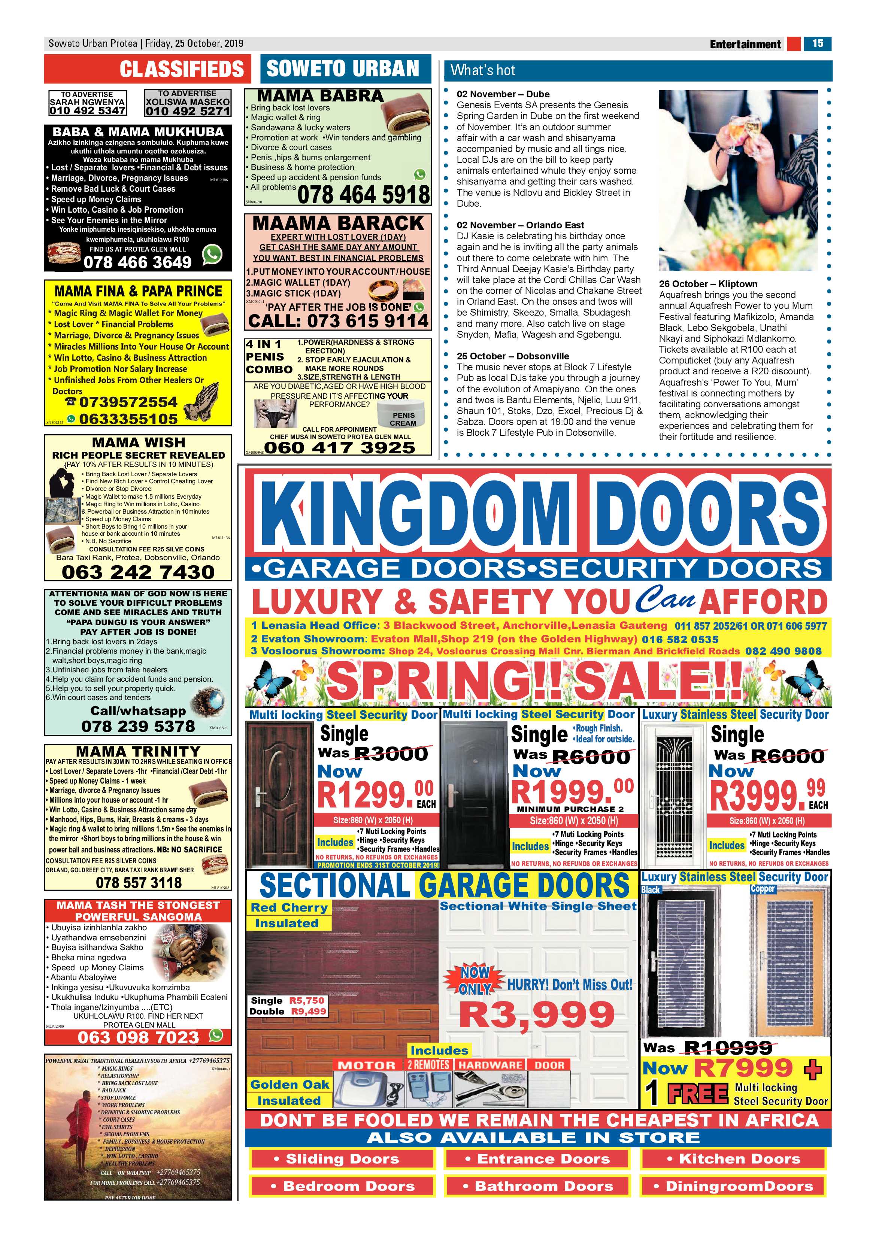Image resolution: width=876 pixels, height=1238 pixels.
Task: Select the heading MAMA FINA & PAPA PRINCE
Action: [x=138, y=291]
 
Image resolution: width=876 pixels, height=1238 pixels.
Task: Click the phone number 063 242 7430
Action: [x=138, y=572]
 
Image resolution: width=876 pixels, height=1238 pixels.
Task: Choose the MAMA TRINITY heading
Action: [x=138, y=751]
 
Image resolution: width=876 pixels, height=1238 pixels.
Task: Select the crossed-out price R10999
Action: [x=728, y=1048]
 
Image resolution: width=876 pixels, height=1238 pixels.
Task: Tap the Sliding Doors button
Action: [x=342, y=1158]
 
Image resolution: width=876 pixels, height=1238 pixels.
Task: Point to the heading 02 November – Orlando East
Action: [x=520, y=225]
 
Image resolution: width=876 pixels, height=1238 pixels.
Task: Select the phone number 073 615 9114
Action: [x=338, y=321]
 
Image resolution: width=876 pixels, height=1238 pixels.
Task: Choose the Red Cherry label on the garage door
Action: [x=289, y=907]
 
